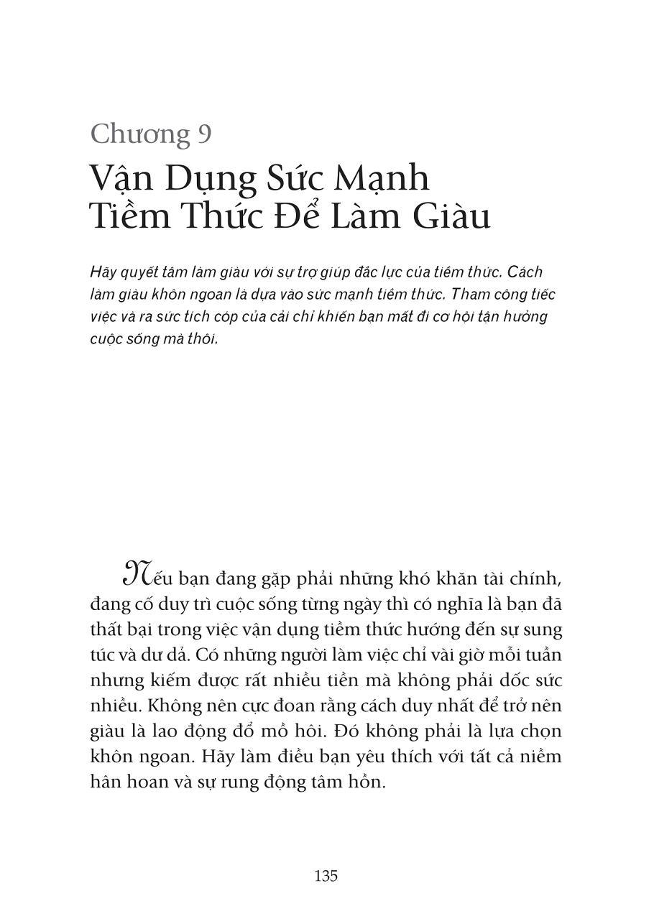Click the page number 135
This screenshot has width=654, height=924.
326,876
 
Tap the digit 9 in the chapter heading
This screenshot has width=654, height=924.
203,134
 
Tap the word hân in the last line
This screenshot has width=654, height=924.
106,782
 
